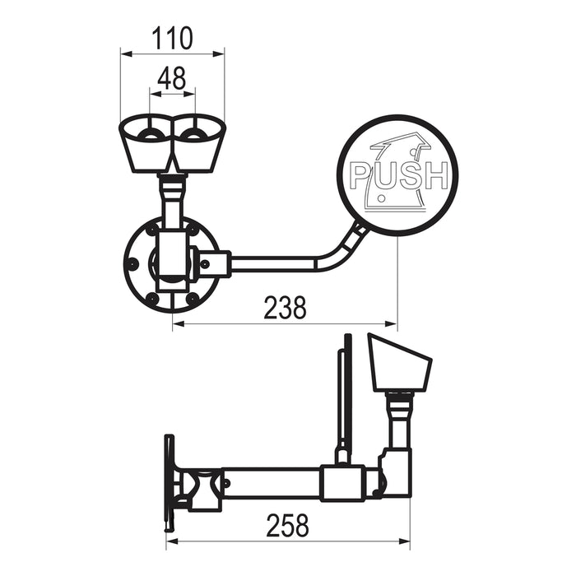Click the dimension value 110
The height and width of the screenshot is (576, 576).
click(172, 38)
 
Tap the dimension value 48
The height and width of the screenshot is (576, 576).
click(172, 78)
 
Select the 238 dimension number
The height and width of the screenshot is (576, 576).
click(285, 307)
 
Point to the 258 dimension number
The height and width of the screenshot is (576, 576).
click(288, 526)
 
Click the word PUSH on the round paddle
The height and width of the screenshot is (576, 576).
click(399, 175)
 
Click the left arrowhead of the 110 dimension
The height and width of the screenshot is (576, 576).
click(126, 54)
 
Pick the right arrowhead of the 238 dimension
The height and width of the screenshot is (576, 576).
click(392, 323)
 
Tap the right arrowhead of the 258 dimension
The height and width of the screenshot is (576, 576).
click(404, 541)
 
